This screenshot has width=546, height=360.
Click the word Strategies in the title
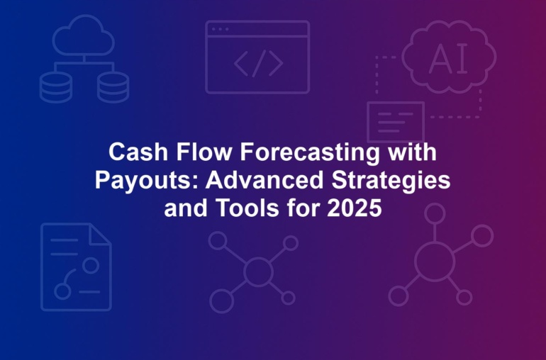[391, 181]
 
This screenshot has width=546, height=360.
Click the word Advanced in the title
[264, 180]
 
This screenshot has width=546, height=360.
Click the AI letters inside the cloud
[448, 59]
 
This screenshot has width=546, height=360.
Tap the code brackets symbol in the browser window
[258, 63]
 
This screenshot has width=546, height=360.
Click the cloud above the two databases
[84, 35]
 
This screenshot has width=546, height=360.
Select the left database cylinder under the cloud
[56, 88]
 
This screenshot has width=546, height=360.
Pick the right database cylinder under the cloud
[113, 88]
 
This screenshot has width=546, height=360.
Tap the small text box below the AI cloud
[396, 123]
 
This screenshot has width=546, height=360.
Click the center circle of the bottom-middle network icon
[258, 271]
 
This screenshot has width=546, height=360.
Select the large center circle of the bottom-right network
[435, 261]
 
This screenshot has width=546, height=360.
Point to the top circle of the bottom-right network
[435, 213]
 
